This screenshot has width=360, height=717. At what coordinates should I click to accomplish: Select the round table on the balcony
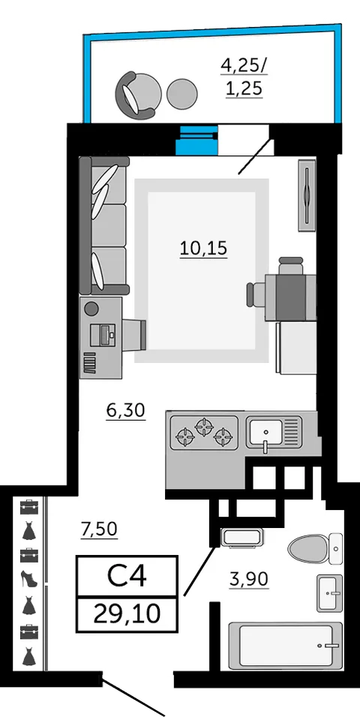[x=182, y=94]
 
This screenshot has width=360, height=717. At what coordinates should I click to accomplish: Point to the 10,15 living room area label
[x=202, y=247]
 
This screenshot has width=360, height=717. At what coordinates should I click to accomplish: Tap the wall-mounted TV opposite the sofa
[x=307, y=193]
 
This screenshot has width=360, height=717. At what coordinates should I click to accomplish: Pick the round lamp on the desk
[x=91, y=308]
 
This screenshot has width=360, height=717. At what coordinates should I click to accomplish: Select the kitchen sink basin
[x=265, y=431]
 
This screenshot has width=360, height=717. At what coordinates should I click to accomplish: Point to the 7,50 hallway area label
[x=99, y=529]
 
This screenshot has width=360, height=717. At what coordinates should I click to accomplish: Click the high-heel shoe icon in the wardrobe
[x=28, y=580]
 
